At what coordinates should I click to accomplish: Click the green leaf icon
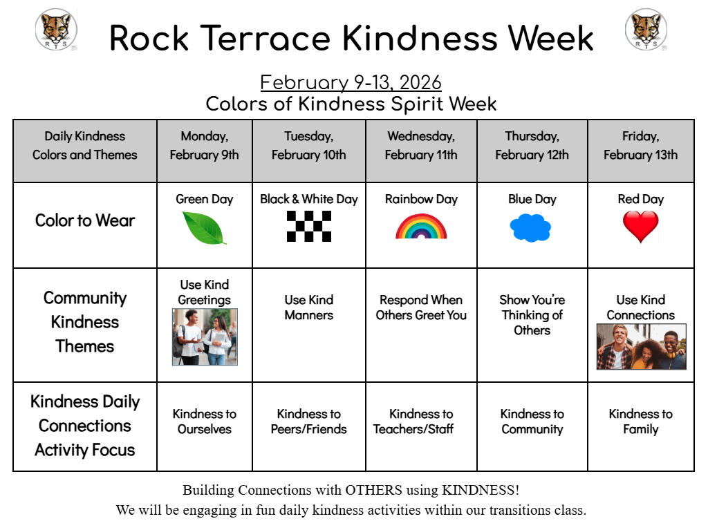[204, 228]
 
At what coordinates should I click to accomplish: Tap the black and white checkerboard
[309, 227]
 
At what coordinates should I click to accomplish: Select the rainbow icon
[421, 227]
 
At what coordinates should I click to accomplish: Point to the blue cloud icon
[530, 228]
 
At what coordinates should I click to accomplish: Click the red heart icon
[640, 227]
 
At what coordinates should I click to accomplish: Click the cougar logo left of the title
[57, 29]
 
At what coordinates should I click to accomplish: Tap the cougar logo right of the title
[646, 29]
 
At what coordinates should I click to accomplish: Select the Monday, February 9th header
[205, 145]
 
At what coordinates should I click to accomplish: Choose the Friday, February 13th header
[641, 145]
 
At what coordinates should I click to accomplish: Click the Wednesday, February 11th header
[421, 145]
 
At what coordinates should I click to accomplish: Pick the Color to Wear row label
[85, 220]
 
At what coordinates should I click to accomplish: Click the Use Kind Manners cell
[309, 307]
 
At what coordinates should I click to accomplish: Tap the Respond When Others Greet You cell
[421, 307]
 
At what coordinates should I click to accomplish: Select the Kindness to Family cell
[641, 421]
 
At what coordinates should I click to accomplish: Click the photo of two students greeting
[205, 337]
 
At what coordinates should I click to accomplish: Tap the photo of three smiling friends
[641, 346]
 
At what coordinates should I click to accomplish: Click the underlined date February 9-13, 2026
[351, 82]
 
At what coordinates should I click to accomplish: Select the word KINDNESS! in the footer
[481, 490]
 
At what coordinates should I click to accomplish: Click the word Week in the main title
[551, 38]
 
